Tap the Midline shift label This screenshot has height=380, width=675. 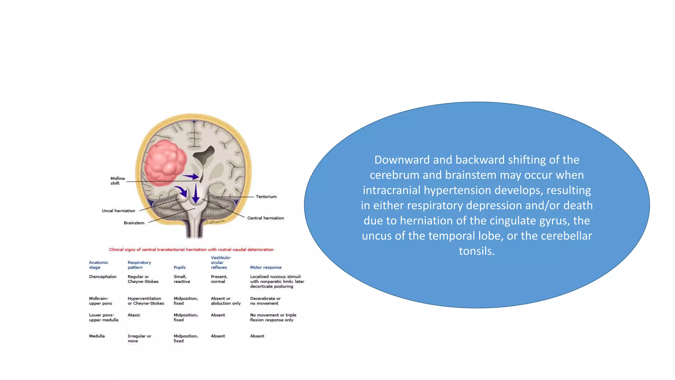(x=117, y=181)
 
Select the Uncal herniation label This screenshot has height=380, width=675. (x=118, y=211)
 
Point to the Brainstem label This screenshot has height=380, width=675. (x=134, y=223)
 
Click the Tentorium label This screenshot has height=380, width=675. (x=266, y=197)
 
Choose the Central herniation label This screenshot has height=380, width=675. (x=265, y=218)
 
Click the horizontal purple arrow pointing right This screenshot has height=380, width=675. (x=191, y=177)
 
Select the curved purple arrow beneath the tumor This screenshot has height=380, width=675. (x=181, y=191)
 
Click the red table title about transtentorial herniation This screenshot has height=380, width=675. (x=191, y=250)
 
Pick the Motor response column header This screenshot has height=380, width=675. (x=266, y=268)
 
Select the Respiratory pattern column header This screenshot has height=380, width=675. (x=139, y=265)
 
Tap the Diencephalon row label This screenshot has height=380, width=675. (x=103, y=277)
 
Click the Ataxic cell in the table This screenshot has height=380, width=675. (x=134, y=315)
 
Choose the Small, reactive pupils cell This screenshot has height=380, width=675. (x=182, y=279)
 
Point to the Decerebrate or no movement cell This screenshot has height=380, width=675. (x=265, y=301)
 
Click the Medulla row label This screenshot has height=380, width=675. (x=97, y=336)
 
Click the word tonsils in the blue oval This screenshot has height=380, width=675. (x=477, y=251)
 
